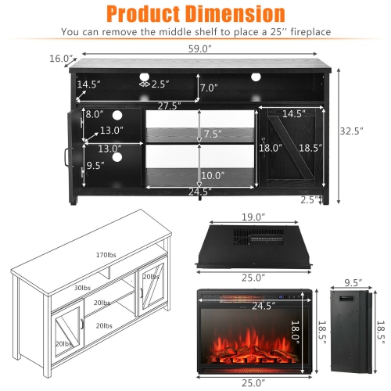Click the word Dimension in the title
235,14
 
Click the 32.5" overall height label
352,131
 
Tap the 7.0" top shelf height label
209,88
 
